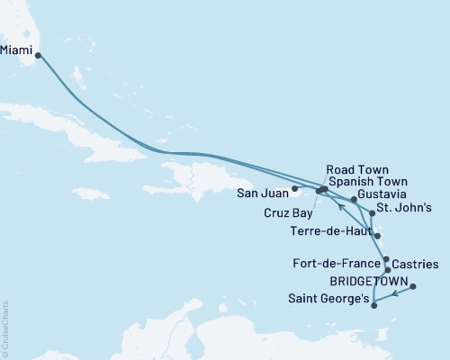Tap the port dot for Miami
click(38, 55)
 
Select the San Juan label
click(263, 192)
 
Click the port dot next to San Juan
click(295, 188)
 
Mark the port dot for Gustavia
click(354, 200)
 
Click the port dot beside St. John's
click(372, 213)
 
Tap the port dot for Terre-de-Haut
click(378, 237)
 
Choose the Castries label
click(416, 265)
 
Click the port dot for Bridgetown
click(414, 286)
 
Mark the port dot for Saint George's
click(374, 305)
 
